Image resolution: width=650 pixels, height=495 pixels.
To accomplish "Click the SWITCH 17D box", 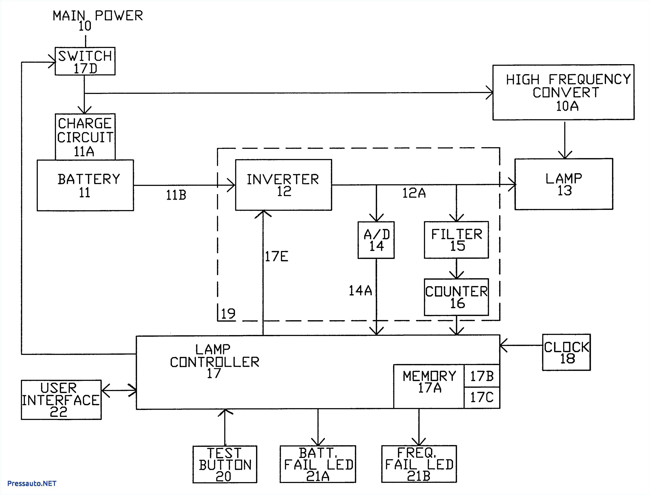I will (85, 61).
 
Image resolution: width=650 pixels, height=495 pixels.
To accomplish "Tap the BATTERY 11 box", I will (85, 185).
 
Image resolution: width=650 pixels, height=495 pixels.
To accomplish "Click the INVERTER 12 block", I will (283, 185).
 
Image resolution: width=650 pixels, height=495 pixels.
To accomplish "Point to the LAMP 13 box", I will (564, 184).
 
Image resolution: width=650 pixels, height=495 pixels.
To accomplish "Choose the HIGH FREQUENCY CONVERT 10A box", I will (563, 92).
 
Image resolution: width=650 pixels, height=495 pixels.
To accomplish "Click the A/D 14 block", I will (376, 240).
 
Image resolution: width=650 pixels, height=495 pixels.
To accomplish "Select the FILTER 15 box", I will (456, 240).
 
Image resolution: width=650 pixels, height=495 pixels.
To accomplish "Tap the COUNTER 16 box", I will (456, 297).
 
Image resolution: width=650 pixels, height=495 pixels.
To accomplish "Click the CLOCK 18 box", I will (566, 352).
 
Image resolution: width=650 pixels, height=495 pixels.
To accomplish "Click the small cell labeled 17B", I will (482, 376).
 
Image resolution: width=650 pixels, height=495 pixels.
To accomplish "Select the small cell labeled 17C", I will (482, 397).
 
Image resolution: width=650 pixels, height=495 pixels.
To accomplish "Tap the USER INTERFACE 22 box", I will (61, 400).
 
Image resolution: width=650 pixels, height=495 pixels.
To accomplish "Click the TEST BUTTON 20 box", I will (225, 464).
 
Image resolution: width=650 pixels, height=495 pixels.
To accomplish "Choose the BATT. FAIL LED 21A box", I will (318, 464).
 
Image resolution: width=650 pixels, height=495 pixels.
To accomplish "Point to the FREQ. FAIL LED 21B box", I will (419, 464).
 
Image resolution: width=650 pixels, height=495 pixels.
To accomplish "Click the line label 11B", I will (176, 195).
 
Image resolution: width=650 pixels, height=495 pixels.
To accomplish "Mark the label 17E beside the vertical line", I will (276, 256).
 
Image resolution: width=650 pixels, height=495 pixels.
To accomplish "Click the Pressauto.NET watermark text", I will (31, 484).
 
